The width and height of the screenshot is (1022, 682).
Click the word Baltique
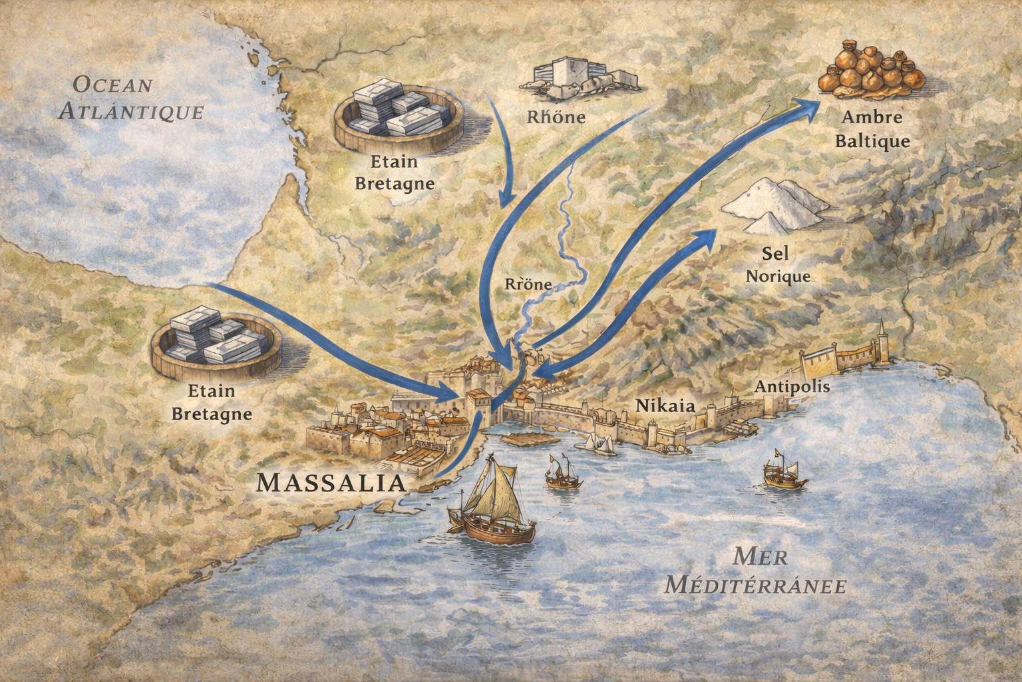click(x=872, y=141)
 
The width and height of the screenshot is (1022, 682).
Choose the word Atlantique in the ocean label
click(x=130, y=111)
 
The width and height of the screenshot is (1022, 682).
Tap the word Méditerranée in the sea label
click(x=756, y=585)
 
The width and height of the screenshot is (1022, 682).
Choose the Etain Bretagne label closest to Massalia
click(x=212, y=404)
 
